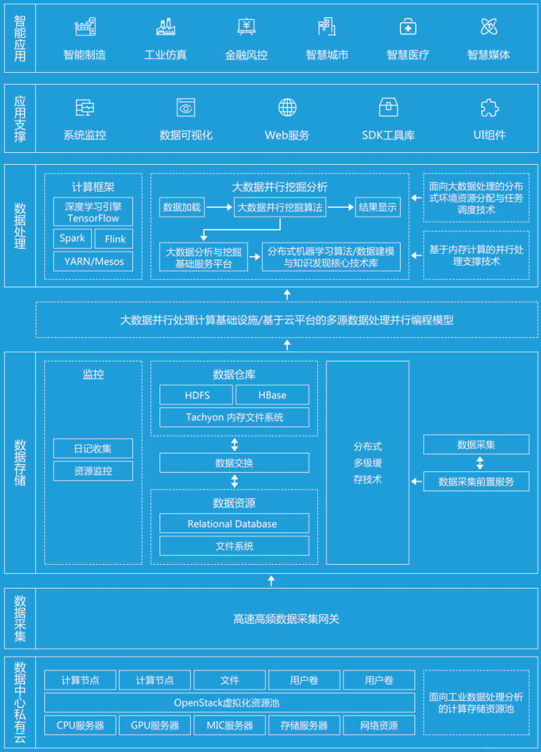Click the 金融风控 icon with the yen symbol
click(x=246, y=27)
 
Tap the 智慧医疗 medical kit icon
click(x=408, y=27)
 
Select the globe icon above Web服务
click(x=287, y=107)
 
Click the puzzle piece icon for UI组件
click(x=489, y=107)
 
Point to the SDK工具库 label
click(x=388, y=135)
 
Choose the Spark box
click(x=72, y=239)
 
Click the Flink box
click(x=115, y=239)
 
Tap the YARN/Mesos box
click(x=93, y=261)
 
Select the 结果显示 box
click(x=378, y=207)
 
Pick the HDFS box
click(x=197, y=395)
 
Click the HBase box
click(x=272, y=395)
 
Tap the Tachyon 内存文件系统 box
click(x=234, y=417)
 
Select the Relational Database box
click(x=234, y=524)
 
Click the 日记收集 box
click(x=93, y=449)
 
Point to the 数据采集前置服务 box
click(x=476, y=481)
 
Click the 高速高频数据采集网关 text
click(x=286, y=619)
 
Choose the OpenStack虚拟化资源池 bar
click(x=230, y=702)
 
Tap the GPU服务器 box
click(x=155, y=725)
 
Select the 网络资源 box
click(x=379, y=725)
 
